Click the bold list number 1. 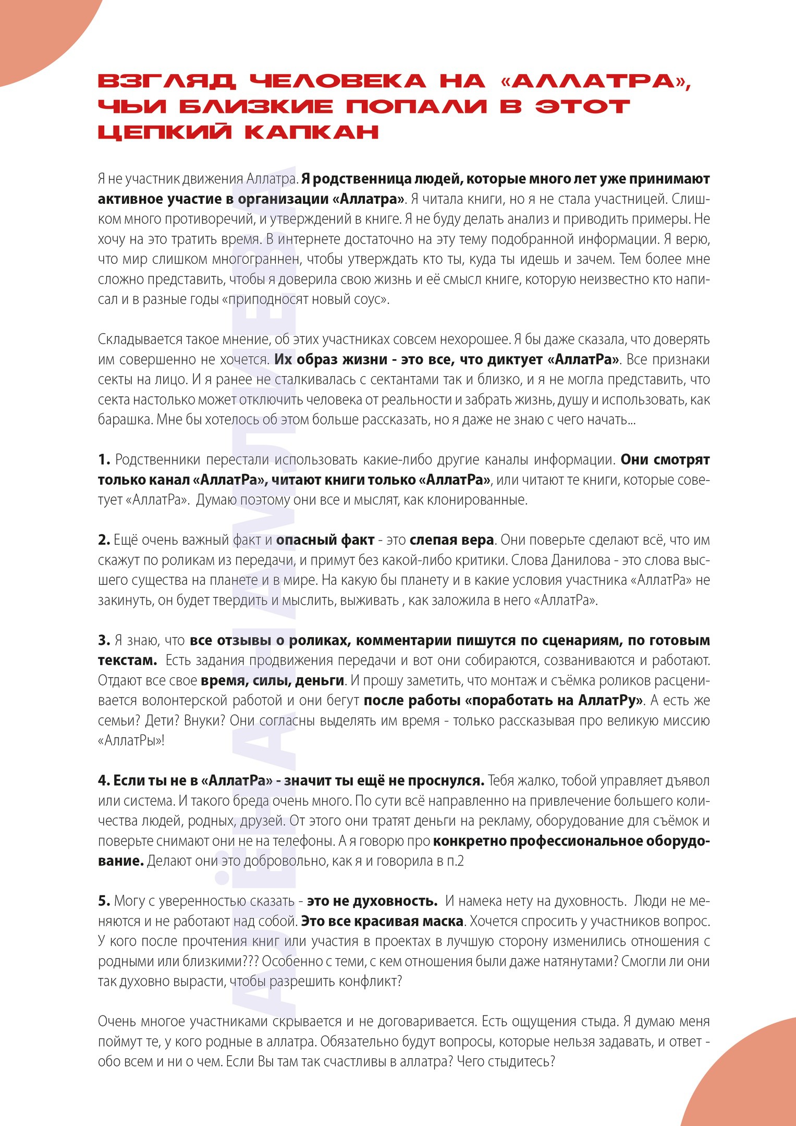pos(104,460)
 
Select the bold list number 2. pos(104,540)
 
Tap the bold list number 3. pos(104,640)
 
